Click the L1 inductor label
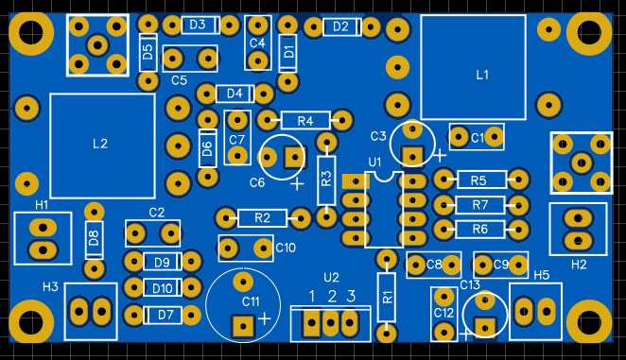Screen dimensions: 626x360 (482, 75)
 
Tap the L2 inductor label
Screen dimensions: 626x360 (100, 144)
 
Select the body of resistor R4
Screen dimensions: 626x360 (305, 120)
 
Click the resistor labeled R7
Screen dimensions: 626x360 (480, 205)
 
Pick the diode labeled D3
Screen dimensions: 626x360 (200, 26)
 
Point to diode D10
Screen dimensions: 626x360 (162, 288)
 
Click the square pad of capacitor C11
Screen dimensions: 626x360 (243, 327)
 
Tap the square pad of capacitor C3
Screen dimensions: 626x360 (412, 155)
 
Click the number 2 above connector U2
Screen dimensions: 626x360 (332, 296)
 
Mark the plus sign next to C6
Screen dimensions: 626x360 (297, 184)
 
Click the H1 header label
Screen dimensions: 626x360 (42, 205)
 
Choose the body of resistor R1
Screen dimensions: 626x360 (387, 298)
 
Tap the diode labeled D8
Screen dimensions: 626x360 (94, 239)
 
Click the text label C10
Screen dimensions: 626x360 (286, 248)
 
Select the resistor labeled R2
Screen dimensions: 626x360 (262, 218)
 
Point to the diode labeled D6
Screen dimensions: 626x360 (208, 148)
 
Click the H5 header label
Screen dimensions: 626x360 (541, 275)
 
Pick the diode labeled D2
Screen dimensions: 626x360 (342, 26)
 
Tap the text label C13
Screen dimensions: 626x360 (469, 285)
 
